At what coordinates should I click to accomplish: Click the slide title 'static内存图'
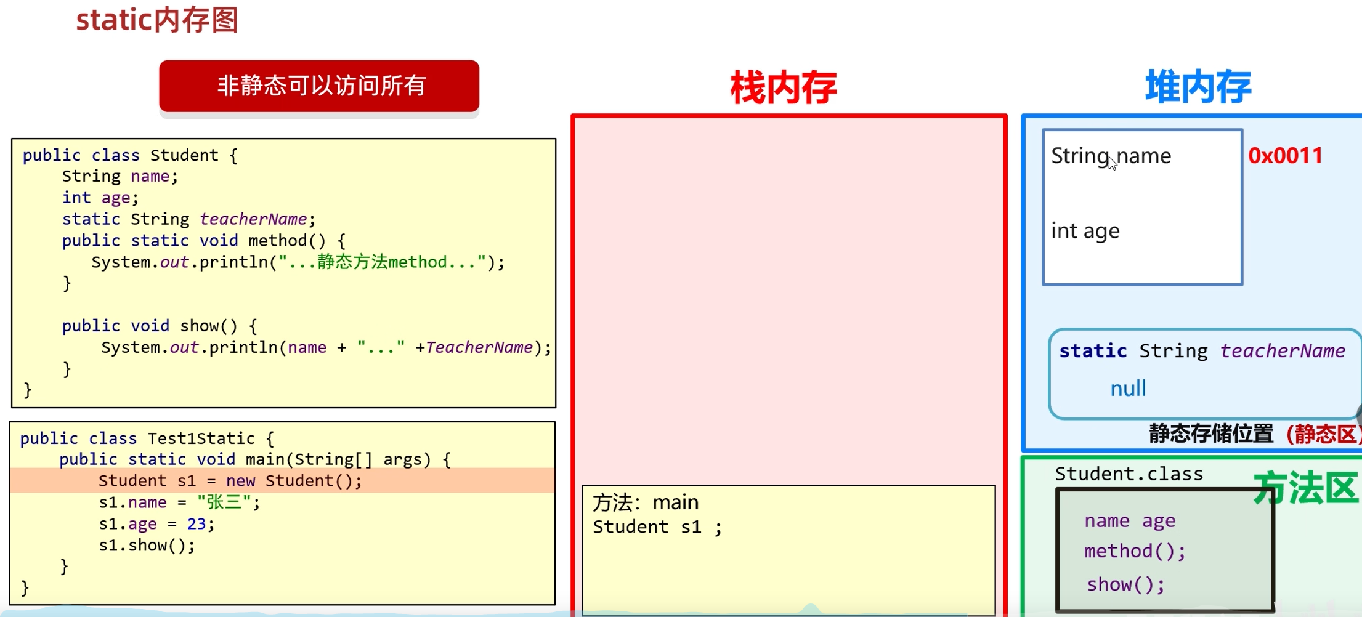coord(157,20)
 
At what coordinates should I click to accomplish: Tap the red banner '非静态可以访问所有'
coord(319,86)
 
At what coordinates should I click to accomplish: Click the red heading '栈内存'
coord(784,87)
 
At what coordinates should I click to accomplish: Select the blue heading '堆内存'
coord(1198,87)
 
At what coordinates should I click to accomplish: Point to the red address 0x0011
coord(1286,155)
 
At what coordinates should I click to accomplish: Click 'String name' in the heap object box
coord(1110,156)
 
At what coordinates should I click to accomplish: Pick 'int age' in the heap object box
coord(1085,231)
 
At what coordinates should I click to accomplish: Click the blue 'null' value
coord(1128,389)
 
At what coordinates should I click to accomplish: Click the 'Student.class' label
coord(1129,474)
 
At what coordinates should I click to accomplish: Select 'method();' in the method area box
coord(1135,550)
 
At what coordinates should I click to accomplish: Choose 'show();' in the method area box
coord(1125,584)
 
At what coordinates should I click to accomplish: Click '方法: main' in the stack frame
coord(646,502)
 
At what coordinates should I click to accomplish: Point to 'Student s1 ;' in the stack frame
coord(657,527)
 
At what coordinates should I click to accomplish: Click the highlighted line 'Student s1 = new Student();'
coord(230,480)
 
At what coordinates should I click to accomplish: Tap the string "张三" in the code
coord(224,502)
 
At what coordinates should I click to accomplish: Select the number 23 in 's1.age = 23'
coord(197,524)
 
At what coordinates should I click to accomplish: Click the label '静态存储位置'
coord(1210,434)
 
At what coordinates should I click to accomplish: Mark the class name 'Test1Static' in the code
coord(201,438)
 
